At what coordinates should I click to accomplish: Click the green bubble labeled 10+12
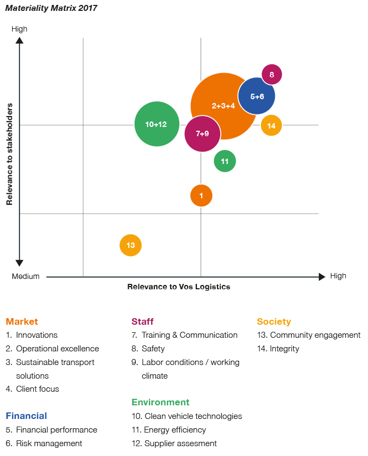156,124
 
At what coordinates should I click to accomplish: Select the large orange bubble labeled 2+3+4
224,106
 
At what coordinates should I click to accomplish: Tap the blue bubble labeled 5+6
257,96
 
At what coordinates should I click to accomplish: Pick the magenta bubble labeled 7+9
202,133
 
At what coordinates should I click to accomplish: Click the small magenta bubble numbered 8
272,74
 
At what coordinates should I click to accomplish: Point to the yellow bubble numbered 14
272,126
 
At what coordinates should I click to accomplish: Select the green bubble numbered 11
225,161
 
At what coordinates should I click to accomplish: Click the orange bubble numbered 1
201,196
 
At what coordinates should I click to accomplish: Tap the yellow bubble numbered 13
130,245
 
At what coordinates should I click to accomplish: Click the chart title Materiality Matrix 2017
51,8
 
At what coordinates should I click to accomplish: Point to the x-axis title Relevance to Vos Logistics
178,287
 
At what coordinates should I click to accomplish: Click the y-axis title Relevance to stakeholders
10,155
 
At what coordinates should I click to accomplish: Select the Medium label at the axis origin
26,276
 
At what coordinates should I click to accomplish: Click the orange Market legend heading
22,321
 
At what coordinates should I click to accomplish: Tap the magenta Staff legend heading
142,321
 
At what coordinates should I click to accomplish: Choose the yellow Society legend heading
274,321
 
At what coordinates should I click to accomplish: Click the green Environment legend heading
160,402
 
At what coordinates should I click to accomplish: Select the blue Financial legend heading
26,416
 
